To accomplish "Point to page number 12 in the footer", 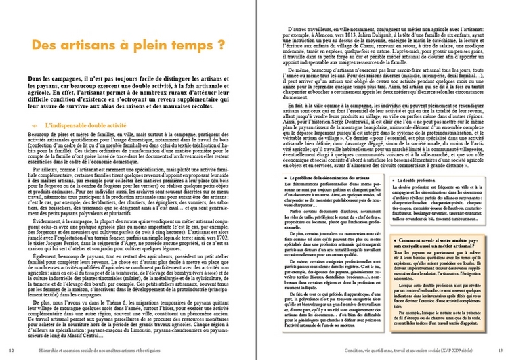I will pyautogui.click(x=13, y=349).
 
